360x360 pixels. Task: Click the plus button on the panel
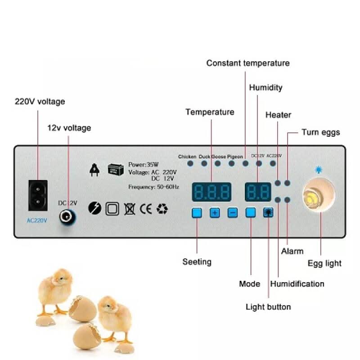[x=215, y=213]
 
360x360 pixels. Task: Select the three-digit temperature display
[x=211, y=192]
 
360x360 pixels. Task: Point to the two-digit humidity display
[x=258, y=192]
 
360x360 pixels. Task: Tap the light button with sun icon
[x=268, y=213]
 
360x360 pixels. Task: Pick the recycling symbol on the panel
[x=162, y=209]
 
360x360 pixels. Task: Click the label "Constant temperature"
[x=248, y=63]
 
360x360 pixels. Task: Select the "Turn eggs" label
[x=321, y=132]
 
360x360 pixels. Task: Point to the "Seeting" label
[x=197, y=261]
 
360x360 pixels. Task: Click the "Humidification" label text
[x=297, y=284]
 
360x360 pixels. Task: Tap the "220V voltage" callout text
[x=40, y=102]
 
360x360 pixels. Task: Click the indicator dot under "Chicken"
[x=190, y=163]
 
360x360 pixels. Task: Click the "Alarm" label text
[x=292, y=251]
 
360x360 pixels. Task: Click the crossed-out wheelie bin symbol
[x=129, y=209]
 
